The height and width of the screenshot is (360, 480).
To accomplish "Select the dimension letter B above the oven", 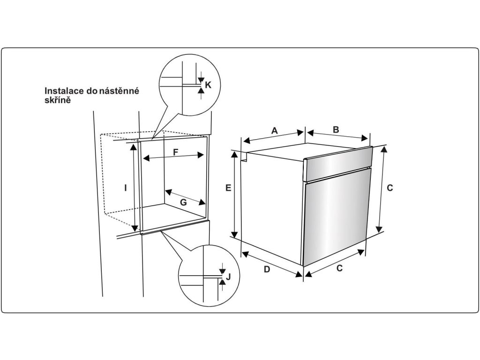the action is point(336,130).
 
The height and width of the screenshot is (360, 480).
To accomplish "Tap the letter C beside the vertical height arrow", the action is point(390,188).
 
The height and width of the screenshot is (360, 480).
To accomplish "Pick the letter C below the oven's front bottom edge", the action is point(340,269).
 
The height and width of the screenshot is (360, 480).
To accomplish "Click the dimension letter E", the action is point(228,188).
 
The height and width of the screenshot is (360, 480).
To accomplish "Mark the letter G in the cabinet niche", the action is point(183,202).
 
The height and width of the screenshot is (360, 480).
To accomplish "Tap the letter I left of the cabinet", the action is point(126,188).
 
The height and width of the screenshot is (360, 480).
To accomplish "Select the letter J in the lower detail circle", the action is point(228,276).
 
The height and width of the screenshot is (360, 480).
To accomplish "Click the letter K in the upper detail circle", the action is point(209,85).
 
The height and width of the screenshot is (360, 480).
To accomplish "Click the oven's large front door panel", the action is point(335,220).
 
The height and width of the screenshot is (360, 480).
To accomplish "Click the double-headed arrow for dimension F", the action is point(174,158).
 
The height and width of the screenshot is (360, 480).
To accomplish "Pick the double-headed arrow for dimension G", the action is point(186,196).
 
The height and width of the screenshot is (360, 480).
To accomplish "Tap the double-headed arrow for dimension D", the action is point(271,264).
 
